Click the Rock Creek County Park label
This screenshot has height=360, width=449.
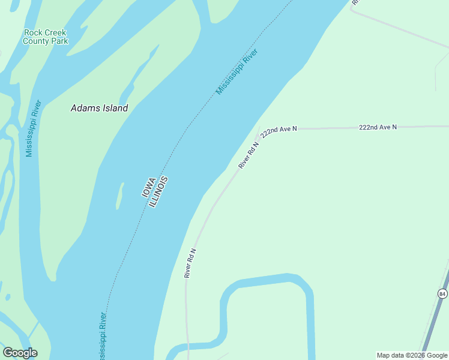coord(45,37)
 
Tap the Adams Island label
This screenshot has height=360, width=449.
coord(99,109)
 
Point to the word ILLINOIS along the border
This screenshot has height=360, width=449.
coord(159,191)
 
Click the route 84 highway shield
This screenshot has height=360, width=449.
coord(442,293)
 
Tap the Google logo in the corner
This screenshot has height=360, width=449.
coord(20,353)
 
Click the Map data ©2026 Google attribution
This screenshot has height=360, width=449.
coord(412,355)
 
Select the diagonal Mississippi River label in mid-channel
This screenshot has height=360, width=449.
coord(237,72)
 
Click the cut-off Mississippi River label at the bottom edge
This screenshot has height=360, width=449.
coord(101,336)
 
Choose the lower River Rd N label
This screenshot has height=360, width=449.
coord(191,263)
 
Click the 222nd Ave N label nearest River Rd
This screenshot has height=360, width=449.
coord(279,130)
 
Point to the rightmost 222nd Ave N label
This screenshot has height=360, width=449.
coord(378,127)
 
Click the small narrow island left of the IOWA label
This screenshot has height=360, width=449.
coord(120,196)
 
